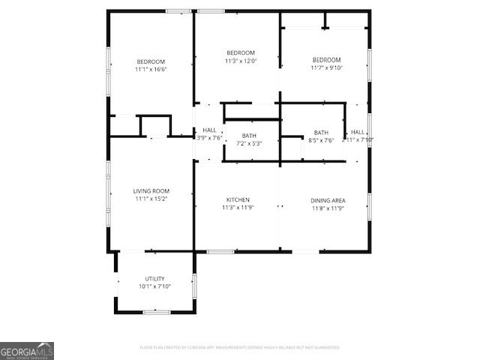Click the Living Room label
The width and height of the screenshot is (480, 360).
pyautogui.click(x=151, y=191)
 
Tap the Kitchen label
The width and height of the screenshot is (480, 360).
pyautogui.click(x=238, y=199)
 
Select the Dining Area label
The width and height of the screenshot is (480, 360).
pyautogui.click(x=328, y=200)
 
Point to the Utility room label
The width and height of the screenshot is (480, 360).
pyautogui.click(x=154, y=279)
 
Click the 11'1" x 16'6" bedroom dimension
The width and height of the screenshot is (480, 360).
pyautogui.click(x=151, y=70)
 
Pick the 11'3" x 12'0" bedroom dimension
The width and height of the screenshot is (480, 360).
pyautogui.click(x=241, y=61)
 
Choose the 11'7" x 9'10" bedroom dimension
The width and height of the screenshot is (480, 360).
pyautogui.click(x=327, y=68)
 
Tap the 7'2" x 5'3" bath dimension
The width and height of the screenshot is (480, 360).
pyautogui.click(x=249, y=143)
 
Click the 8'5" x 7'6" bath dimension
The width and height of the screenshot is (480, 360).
pyautogui.click(x=321, y=140)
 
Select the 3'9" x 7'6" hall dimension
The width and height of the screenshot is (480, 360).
pyautogui.click(x=209, y=138)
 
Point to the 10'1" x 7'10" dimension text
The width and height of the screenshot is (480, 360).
pyautogui.click(x=154, y=286)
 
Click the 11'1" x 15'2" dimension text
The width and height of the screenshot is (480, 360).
pyautogui.click(x=151, y=199)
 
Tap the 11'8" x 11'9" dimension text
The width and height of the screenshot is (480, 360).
pyautogui.click(x=328, y=208)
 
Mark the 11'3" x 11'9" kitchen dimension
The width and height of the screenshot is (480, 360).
pyautogui.click(x=238, y=208)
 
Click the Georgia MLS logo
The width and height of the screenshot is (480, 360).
pyautogui.click(x=27, y=351)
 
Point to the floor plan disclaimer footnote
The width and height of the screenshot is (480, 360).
pyautogui.click(x=240, y=348)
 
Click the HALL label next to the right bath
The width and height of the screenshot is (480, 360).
pyautogui.click(x=358, y=132)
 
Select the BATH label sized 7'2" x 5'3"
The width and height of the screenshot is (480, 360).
pyautogui.click(x=249, y=136)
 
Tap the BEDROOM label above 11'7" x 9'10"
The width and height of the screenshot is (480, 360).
pyautogui.click(x=327, y=60)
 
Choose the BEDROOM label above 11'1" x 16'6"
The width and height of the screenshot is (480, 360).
pyautogui.click(x=151, y=61)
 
